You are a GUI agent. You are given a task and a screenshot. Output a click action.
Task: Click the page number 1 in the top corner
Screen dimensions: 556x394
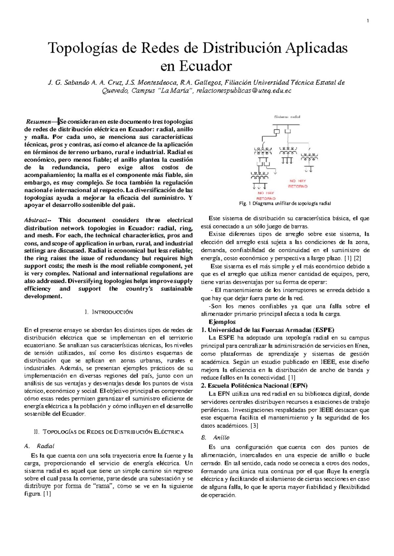coord(368,22)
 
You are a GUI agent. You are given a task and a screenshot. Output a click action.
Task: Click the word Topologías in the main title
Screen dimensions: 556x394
coord(88,48)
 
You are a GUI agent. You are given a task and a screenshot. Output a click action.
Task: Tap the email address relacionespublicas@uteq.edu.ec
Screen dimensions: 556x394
coord(244,91)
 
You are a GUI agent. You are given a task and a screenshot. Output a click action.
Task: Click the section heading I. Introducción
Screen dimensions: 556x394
coord(109,312)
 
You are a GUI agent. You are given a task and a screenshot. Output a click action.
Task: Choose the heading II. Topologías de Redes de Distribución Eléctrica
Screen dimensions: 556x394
coord(109,432)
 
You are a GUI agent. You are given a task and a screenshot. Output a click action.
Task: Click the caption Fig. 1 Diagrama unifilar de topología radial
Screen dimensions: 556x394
coord(285,204)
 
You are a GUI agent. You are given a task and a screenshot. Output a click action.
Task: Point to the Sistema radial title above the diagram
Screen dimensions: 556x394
coord(287,117)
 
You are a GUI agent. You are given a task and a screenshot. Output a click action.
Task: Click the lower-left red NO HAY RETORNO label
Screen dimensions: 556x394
coord(266,196)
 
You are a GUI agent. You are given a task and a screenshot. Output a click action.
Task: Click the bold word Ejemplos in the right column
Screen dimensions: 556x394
coord(222,322)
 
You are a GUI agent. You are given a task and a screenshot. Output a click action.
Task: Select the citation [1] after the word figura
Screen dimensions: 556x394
coord(47,494)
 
